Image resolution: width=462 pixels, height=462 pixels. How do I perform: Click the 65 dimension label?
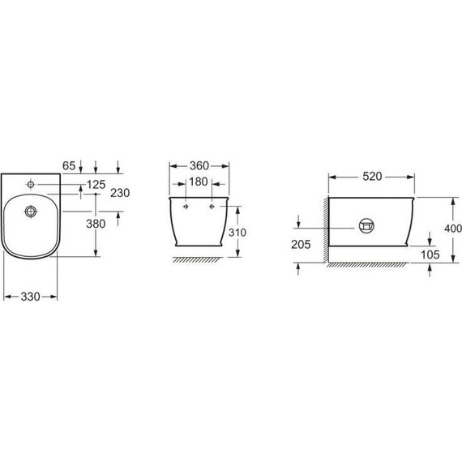[69, 165]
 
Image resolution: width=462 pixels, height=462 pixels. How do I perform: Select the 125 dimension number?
[96, 185]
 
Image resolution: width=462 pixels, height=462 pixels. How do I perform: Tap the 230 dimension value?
[120, 193]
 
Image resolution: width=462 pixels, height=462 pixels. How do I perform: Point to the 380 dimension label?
[96, 224]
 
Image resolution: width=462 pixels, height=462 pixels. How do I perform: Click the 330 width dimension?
[30, 297]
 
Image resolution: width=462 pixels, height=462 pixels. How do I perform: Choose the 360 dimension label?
[199, 166]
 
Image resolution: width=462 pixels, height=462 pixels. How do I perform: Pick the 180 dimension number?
[199, 182]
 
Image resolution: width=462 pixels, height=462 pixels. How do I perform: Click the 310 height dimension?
[237, 233]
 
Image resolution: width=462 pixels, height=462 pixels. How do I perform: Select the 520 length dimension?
[372, 177]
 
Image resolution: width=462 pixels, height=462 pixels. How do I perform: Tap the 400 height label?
[453, 229]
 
